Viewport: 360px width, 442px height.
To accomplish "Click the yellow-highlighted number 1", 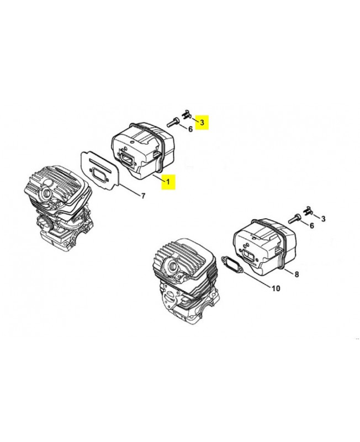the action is (168, 182).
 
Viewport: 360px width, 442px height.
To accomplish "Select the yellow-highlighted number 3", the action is (202, 122).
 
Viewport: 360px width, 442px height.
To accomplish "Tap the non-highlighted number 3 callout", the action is (323, 218).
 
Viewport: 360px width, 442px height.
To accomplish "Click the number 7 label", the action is (143, 196).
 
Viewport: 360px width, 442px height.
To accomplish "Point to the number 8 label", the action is (297, 274).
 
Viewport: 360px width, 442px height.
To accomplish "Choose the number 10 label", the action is (276, 288).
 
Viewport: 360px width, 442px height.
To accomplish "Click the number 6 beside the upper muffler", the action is (190, 129).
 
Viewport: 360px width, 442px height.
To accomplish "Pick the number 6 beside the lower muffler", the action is (312, 225).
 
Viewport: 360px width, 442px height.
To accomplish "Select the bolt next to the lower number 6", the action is (294, 218).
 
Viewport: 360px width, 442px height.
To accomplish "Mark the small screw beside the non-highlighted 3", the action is (308, 211).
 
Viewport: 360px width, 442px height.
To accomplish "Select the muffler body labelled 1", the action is (144, 151).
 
